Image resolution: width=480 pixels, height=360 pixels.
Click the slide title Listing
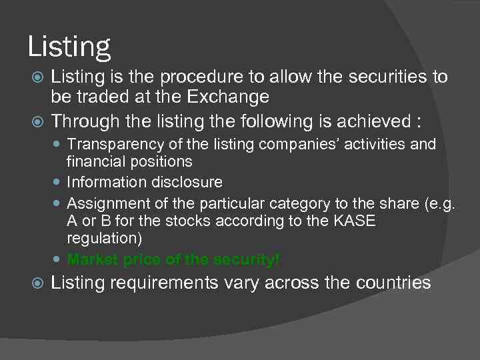[x=69, y=47]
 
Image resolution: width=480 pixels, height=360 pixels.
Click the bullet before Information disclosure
[x=59, y=183]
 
